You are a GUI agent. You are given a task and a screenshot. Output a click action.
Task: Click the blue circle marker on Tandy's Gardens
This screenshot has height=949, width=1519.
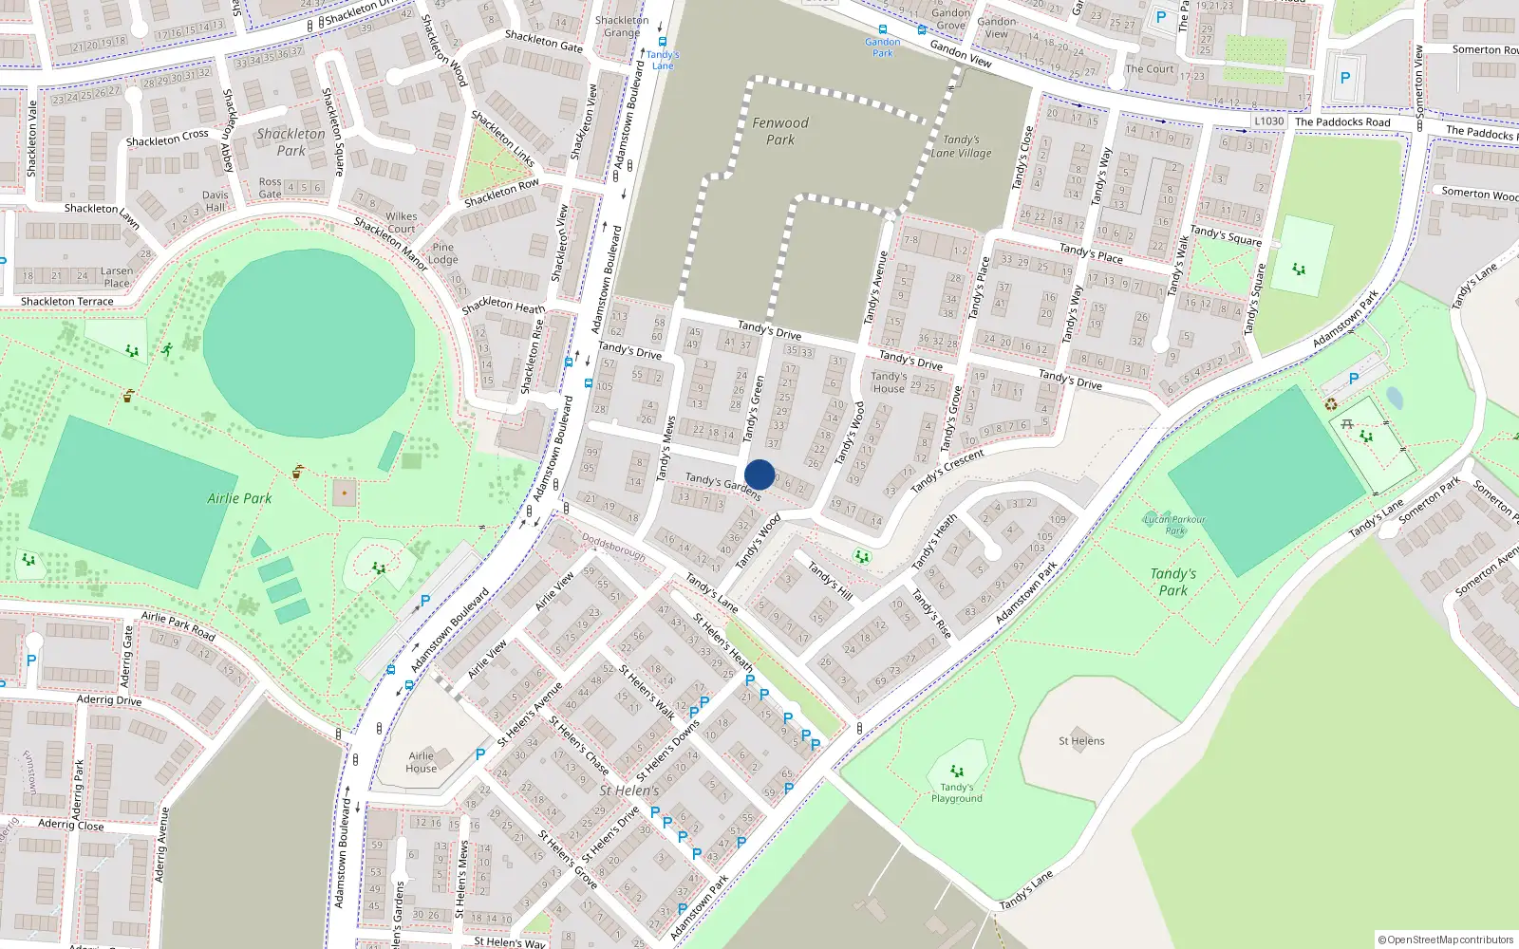(x=759, y=474)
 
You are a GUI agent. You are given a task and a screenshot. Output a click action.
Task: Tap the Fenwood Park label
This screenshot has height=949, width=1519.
(x=780, y=131)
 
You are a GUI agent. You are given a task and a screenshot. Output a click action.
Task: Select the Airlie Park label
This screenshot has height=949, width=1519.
(x=239, y=498)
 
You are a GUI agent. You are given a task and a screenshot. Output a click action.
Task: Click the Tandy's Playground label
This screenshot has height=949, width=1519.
(x=957, y=793)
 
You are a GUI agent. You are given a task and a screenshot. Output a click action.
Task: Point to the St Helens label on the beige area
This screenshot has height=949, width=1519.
(x=1081, y=741)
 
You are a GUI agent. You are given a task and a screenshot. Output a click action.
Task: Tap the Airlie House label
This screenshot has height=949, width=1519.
(x=422, y=762)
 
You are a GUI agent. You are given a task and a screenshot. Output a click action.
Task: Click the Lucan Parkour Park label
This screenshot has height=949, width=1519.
(x=1175, y=525)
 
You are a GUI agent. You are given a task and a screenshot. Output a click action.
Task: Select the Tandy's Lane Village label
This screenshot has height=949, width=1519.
(x=961, y=146)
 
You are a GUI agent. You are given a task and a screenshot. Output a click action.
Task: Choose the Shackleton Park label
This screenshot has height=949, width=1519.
(x=291, y=142)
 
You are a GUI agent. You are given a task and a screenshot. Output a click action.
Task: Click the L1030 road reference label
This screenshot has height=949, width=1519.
(x=1269, y=121)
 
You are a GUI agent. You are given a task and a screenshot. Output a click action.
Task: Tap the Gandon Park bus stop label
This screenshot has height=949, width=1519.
(x=883, y=47)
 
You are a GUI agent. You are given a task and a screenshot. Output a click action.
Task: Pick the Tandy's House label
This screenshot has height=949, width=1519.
(x=889, y=382)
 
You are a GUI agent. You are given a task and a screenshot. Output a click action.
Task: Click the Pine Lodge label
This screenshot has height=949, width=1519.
(x=442, y=253)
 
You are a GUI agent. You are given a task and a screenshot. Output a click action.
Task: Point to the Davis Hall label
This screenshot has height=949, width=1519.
(x=215, y=201)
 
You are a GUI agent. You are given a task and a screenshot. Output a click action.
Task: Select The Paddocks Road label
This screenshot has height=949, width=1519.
(x=1342, y=121)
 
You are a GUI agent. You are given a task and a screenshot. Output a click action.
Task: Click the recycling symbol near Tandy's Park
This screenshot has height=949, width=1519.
(x=1331, y=405)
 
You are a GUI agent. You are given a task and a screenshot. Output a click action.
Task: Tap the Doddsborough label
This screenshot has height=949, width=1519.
(x=613, y=547)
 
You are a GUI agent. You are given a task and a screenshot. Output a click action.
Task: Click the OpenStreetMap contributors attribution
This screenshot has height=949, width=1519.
(x=1446, y=940)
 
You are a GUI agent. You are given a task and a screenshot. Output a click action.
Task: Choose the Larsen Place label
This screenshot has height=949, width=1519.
(x=117, y=277)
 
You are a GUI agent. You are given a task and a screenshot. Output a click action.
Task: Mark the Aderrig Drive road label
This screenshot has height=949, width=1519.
(x=109, y=700)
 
